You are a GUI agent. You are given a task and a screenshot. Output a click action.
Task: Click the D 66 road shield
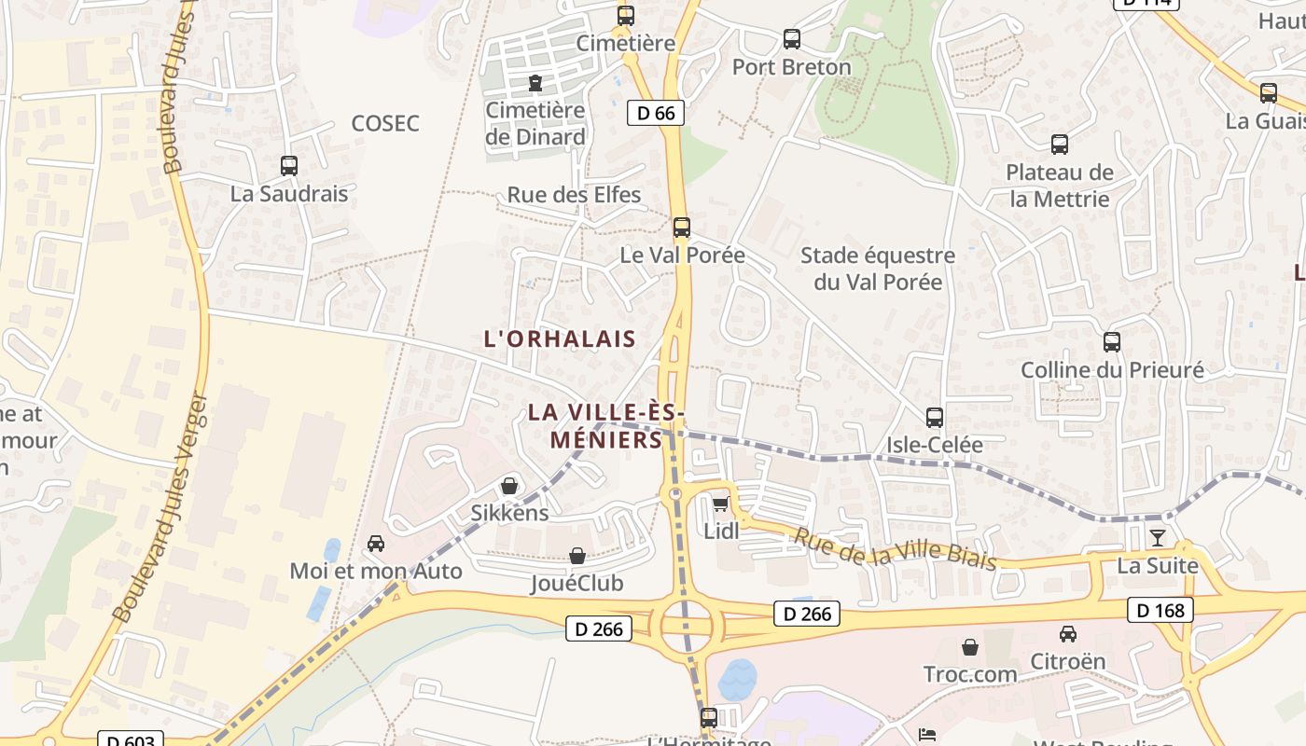656,113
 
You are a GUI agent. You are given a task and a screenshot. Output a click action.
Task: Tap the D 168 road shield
1160,611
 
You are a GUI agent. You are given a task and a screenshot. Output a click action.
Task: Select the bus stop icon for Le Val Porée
682,228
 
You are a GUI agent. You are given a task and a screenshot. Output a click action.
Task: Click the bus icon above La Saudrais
289,166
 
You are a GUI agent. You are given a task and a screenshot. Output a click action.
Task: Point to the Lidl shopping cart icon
720,504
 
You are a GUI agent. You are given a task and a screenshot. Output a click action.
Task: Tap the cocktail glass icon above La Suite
1158,537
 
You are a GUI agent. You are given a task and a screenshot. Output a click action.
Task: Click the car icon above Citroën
1068,634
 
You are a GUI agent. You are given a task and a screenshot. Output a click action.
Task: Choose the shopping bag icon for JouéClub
577,556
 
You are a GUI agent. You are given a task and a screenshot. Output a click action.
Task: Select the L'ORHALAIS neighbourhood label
560,339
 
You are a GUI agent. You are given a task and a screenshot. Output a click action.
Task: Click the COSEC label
385,123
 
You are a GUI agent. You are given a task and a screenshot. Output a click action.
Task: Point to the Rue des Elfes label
574,195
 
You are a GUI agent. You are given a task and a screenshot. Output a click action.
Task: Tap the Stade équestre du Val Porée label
878,269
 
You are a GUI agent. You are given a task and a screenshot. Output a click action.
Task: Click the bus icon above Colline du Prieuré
1112,342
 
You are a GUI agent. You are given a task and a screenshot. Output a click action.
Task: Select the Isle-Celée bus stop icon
935,417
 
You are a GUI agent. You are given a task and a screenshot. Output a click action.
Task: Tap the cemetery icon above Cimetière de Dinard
535,84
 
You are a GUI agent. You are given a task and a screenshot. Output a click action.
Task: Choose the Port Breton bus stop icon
792,39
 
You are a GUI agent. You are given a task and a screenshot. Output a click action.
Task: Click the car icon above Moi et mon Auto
376,544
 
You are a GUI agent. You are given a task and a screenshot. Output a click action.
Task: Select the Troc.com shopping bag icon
970,646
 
